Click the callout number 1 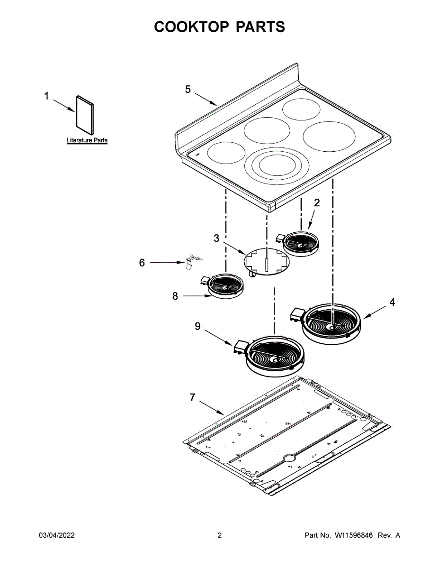46,96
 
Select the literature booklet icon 85,115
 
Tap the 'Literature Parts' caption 87,140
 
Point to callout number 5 188,89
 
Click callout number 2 317,202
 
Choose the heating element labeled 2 299,243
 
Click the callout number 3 216,239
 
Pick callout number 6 142,262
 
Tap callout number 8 175,296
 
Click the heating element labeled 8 224,286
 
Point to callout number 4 392,302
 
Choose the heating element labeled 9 274,355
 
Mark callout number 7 192,397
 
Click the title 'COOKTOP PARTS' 219,27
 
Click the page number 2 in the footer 219,535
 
